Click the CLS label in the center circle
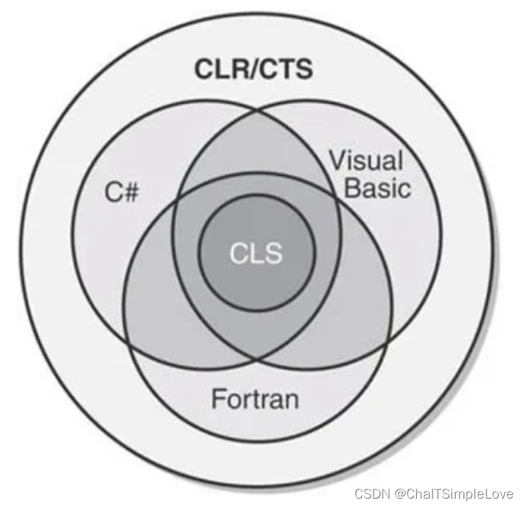[257, 253]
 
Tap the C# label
[119, 193]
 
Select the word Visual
[367, 160]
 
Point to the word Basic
[378, 188]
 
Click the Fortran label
[255, 398]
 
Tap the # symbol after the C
[129, 193]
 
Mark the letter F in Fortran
[218, 398]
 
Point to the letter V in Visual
[336, 160]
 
